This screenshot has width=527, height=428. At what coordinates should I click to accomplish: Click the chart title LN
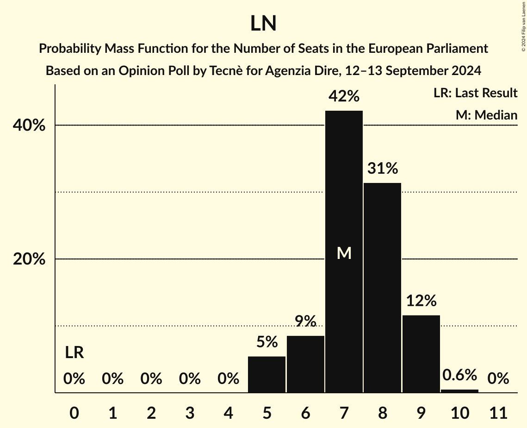[263, 24]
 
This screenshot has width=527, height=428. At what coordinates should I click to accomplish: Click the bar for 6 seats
[305, 364]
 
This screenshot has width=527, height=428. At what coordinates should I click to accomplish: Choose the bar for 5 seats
[267, 374]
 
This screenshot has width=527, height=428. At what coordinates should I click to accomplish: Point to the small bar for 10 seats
[459, 391]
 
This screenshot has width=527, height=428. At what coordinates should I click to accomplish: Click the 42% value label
[344, 96]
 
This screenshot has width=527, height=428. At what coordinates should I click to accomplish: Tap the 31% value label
[383, 169]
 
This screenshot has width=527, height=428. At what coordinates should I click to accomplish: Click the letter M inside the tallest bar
[344, 253]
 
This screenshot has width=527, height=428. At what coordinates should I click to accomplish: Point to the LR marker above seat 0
[74, 353]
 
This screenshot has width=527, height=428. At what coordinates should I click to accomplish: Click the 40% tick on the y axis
[29, 126]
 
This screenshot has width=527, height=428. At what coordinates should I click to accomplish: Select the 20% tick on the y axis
[29, 259]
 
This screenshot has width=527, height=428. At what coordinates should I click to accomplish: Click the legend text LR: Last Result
[475, 93]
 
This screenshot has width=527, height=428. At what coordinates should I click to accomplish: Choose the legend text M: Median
[486, 115]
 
